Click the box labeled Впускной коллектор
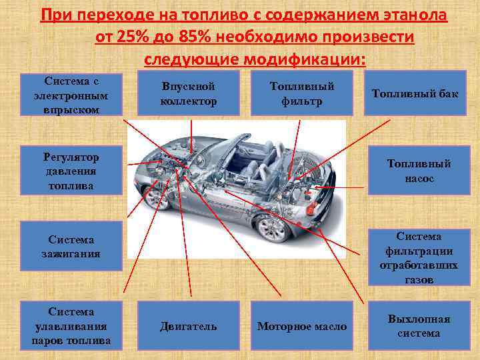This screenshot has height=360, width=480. click(x=189, y=94)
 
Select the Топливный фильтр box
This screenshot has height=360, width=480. click(x=301, y=94)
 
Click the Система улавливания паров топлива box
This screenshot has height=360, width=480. click(x=71, y=326)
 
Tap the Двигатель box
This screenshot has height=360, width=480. click(x=188, y=326)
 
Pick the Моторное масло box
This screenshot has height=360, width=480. click(x=302, y=326)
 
